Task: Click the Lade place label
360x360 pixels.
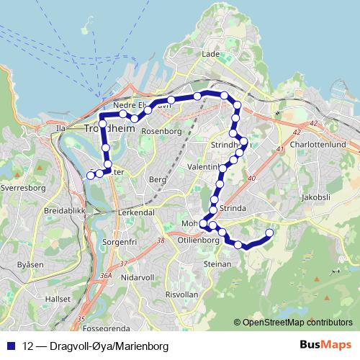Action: pos(210,54)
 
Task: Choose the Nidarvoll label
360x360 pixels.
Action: pos(139,276)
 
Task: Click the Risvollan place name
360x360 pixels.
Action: pos(181,294)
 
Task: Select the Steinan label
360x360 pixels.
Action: pos(217,264)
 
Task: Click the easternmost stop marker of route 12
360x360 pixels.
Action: pos(270,233)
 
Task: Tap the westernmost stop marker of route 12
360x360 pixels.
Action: pos(91,175)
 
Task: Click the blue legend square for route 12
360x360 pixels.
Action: pos(12,346)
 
